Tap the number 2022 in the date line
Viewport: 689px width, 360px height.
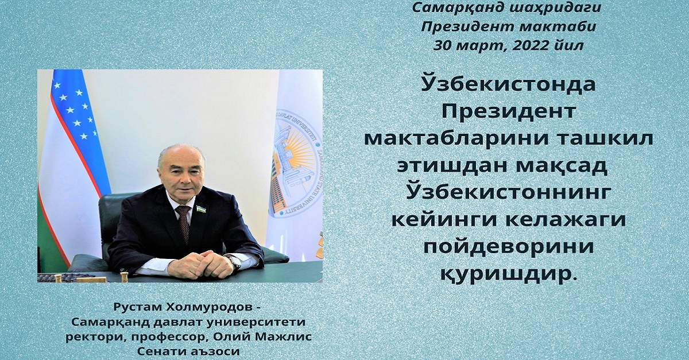(x=533, y=46)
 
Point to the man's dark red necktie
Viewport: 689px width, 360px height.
(x=183, y=223)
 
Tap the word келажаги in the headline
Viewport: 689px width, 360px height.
(x=561, y=220)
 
